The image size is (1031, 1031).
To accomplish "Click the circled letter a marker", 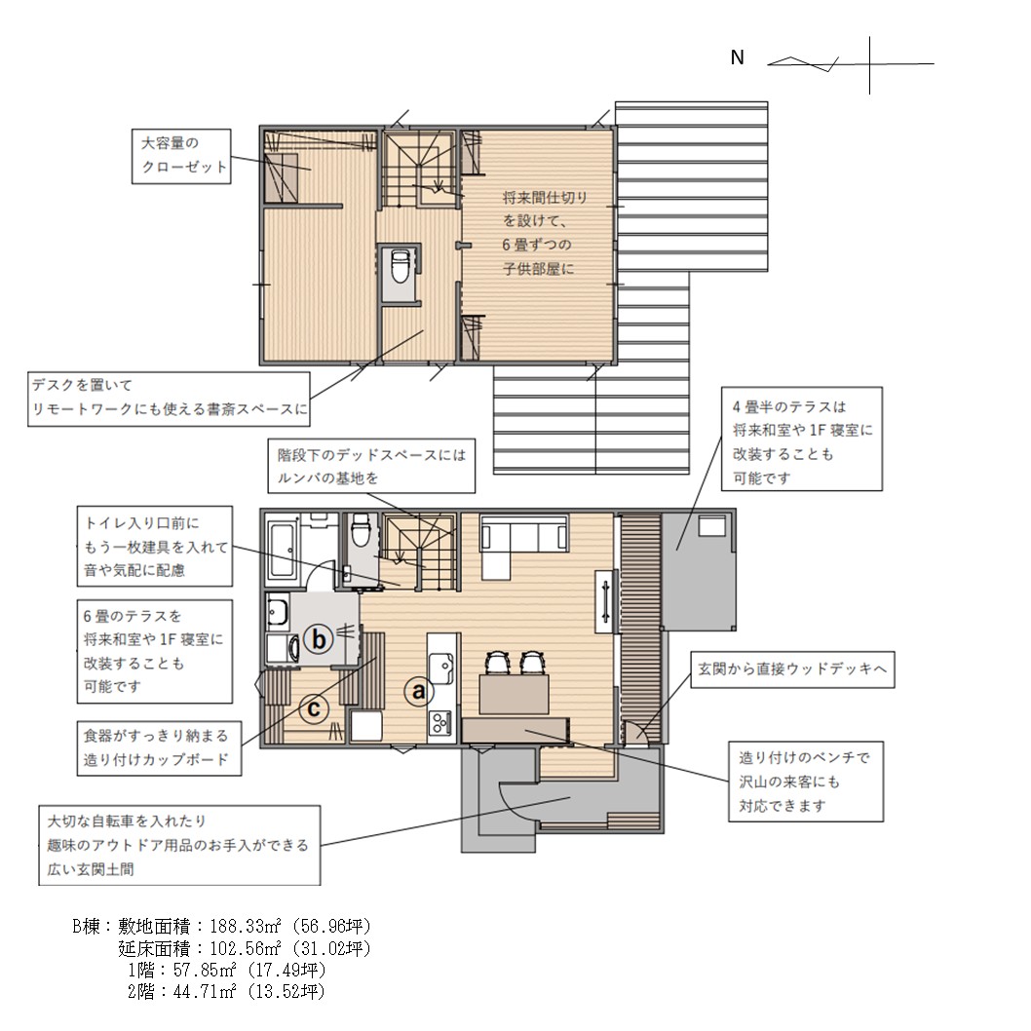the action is coord(418,691).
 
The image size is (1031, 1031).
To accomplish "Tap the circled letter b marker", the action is coord(319,638).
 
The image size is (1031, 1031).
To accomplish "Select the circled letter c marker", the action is coord(314,708).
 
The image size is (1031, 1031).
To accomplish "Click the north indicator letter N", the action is coord(737,57).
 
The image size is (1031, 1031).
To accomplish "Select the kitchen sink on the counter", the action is coord(440,668).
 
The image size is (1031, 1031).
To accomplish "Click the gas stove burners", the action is coord(439,724).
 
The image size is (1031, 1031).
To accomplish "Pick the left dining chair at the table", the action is coord(496,662).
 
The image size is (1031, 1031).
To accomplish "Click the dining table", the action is coord(515,695).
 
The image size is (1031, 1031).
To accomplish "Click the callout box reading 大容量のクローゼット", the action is coord(181,156).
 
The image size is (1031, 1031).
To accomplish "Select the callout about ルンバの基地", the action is coord(371,466).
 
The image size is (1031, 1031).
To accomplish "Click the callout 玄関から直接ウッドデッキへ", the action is coord(791,669).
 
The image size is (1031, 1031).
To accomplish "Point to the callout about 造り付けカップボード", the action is coord(159,748).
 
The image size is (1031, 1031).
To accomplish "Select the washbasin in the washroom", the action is coord(278,611).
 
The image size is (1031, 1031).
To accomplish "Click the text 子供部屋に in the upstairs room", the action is coord(538,269).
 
